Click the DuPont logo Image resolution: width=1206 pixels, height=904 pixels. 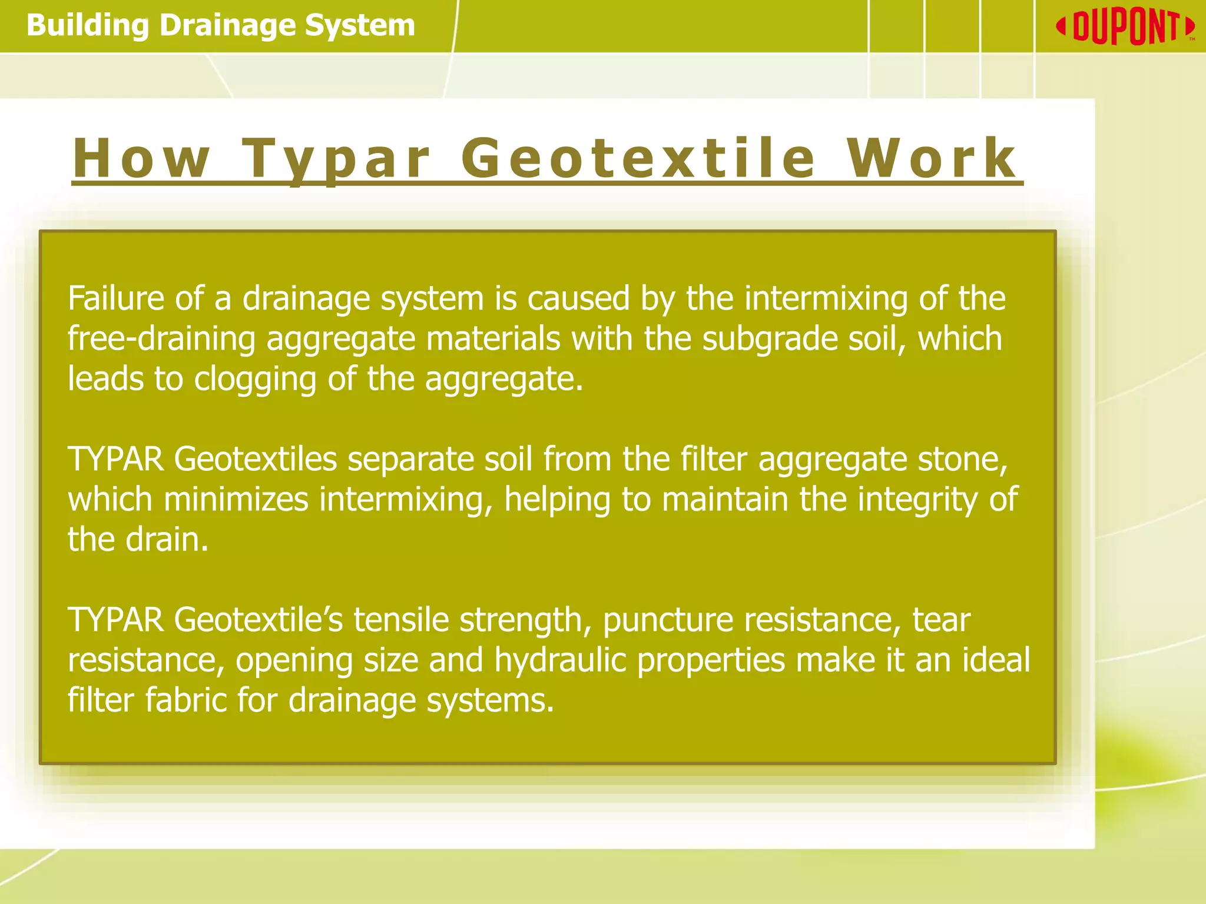tap(1125, 27)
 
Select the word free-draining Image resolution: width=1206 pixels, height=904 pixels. tap(161, 339)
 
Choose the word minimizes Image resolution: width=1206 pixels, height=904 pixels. tap(236, 499)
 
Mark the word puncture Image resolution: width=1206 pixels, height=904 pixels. tap(668, 620)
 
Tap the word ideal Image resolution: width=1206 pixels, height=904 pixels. tap(996, 660)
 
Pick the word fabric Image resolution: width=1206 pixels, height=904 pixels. tap(185, 700)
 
